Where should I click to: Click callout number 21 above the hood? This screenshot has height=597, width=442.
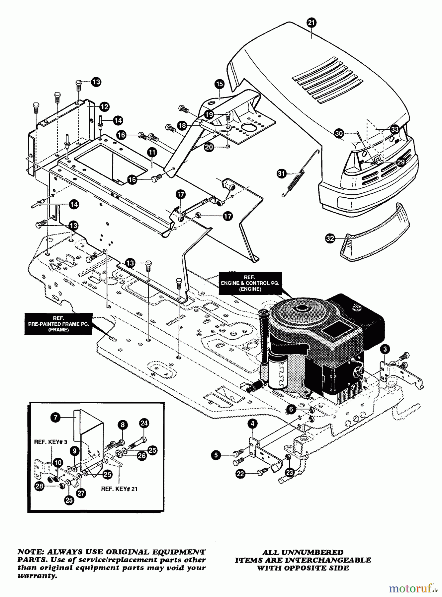tap(311, 23)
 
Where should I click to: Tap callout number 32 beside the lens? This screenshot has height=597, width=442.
tap(330, 238)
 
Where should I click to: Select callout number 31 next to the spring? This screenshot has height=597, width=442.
tap(282, 173)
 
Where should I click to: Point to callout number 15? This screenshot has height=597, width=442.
tap(219, 84)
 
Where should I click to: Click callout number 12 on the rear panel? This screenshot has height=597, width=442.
tap(104, 106)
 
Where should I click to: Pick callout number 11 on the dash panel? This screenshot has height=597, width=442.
tap(152, 153)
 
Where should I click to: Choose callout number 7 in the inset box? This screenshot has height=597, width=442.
tap(55, 417)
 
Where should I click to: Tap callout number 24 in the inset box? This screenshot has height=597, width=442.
tap(144, 423)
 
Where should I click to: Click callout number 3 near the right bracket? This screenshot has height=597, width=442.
tap(385, 349)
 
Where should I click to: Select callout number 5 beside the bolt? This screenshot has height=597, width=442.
tap(216, 455)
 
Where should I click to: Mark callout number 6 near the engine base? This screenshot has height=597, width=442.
tap(291, 409)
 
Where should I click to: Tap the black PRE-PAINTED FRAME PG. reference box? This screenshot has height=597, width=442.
tap(58, 324)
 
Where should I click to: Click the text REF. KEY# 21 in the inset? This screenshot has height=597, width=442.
tap(119, 489)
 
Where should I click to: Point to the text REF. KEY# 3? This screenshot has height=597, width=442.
tap(50, 442)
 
